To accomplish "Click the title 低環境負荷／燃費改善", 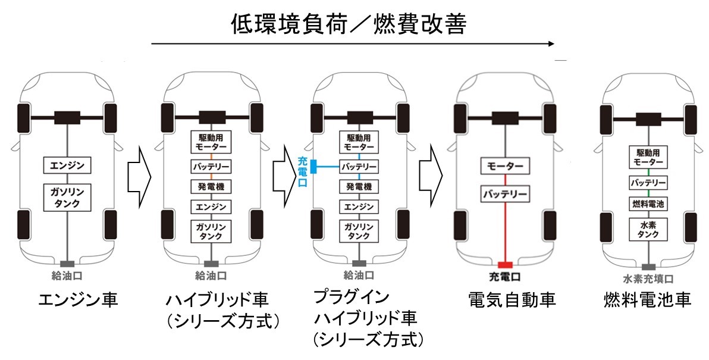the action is tap(349, 24).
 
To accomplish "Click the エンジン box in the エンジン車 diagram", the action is tap(67, 165).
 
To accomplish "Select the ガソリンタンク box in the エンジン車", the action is tap(67, 197).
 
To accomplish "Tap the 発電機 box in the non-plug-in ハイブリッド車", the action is tap(211, 186).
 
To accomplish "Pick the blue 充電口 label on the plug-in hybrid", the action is tap(303, 171).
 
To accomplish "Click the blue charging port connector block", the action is tap(312, 167).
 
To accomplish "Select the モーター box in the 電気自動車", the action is tap(504, 167).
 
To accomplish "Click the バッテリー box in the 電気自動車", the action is tap(504, 195).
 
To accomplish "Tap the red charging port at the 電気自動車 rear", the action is tap(505, 265).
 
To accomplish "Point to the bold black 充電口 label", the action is tap(504, 276).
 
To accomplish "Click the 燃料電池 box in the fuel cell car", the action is tap(648, 204).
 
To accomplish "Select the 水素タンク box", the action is tap(648, 229).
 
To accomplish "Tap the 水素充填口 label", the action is tap(648, 279).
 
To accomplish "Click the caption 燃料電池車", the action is tap(648, 300).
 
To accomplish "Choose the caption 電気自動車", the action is tap(512, 300).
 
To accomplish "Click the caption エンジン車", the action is tap(79, 300).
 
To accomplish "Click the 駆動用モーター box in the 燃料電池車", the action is tap(648, 157).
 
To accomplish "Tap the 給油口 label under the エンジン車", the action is tap(67, 275).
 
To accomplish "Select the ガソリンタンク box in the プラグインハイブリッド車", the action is tap(359, 231).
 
